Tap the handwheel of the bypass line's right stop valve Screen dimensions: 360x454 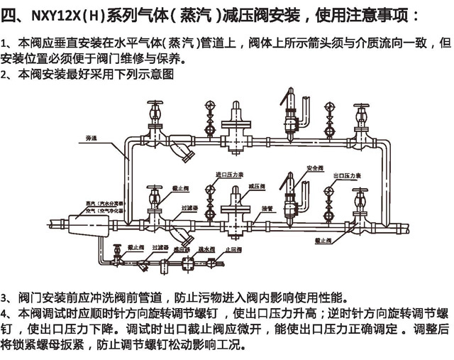(x=363, y=109)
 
